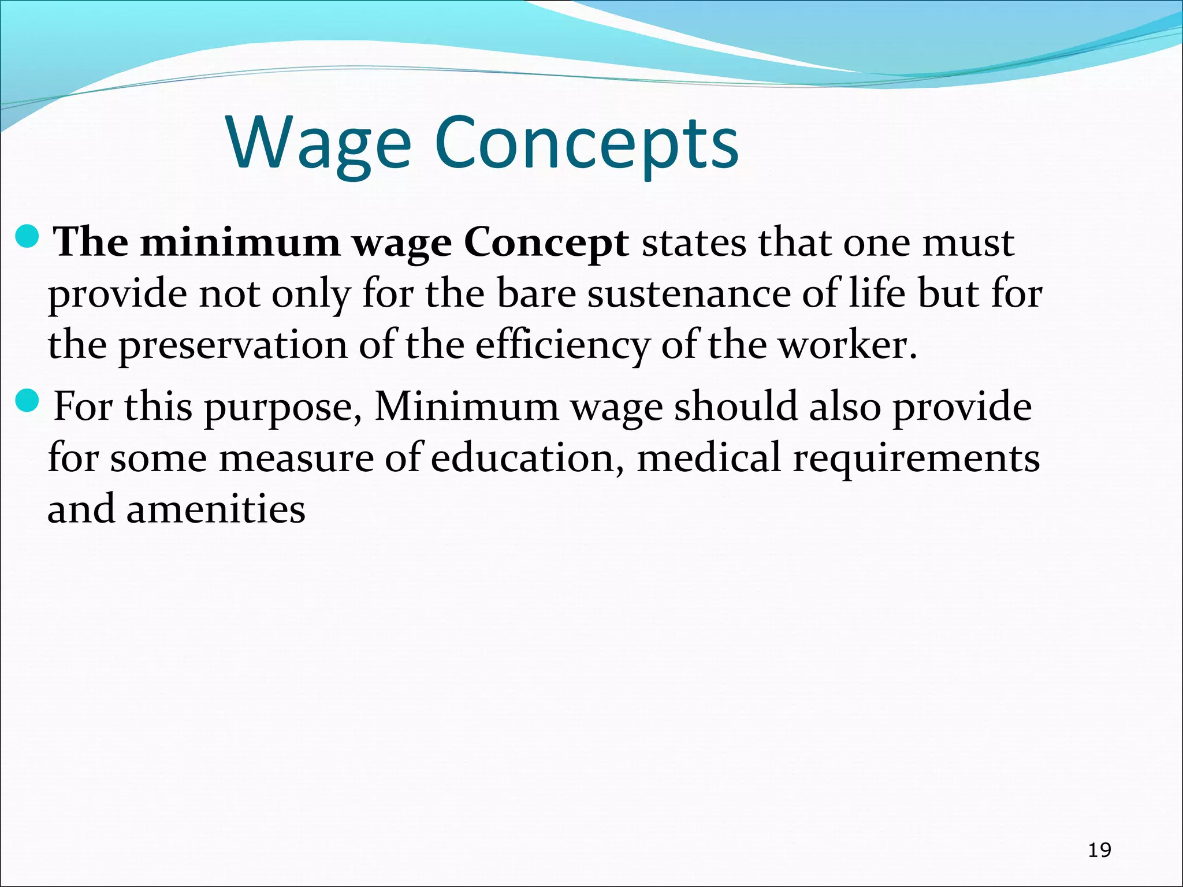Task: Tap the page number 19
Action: coord(1099,850)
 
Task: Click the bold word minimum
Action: coord(240,243)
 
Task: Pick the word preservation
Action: coord(233,346)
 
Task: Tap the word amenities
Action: coord(216,509)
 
